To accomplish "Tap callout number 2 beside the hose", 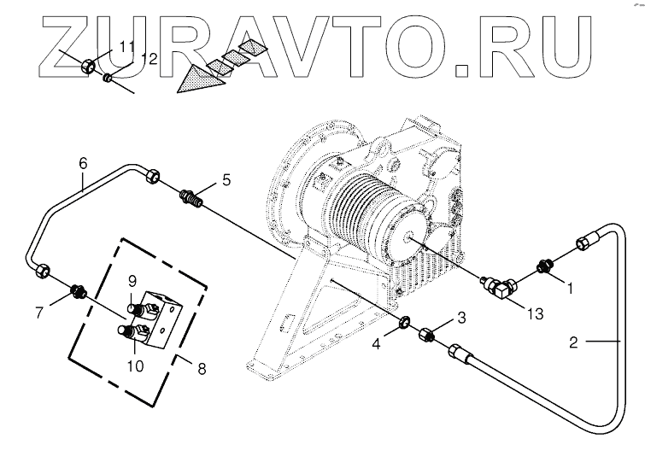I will [575, 343].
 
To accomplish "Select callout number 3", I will [461, 318].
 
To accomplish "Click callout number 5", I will [226, 179].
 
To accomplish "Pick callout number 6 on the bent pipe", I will [83, 162].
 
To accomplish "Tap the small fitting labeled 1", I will [542, 266].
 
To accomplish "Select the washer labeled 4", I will [402, 324].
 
